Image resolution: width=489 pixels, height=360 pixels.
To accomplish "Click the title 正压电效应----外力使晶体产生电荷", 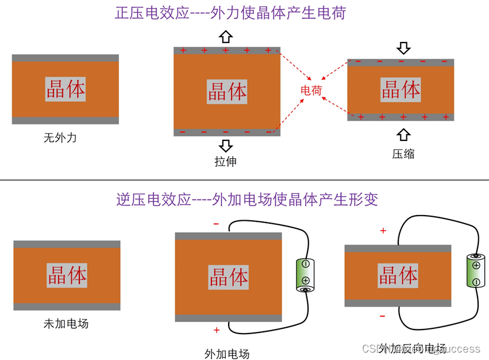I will (x=230, y=13).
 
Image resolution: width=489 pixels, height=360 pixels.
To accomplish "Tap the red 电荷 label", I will (x=311, y=90).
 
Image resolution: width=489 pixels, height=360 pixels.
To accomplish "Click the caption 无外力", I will (x=60, y=138).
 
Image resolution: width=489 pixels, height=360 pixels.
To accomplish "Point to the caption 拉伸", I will (x=225, y=162).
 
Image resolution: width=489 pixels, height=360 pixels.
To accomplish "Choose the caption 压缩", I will (x=403, y=154).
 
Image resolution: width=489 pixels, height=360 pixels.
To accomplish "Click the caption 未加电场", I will (x=66, y=323).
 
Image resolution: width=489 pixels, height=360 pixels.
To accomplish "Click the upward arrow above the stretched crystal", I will (x=226, y=37).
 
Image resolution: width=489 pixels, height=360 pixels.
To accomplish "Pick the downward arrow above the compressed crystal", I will (x=404, y=47).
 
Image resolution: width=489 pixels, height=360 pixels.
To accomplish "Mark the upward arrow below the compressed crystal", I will (x=404, y=135).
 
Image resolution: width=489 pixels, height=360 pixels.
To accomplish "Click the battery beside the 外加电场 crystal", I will (x=305, y=275).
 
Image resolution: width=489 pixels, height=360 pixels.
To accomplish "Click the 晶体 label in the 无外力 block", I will (x=66, y=89).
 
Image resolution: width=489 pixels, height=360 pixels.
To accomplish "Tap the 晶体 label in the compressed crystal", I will (x=401, y=90).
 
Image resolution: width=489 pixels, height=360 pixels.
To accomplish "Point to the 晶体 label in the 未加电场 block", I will (x=67, y=275).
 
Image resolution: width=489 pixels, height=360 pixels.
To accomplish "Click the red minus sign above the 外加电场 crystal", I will (x=216, y=224).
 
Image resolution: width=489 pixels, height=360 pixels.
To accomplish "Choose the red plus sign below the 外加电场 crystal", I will (x=217, y=330).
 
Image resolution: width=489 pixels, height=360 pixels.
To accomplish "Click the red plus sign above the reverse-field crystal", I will (x=383, y=231).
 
